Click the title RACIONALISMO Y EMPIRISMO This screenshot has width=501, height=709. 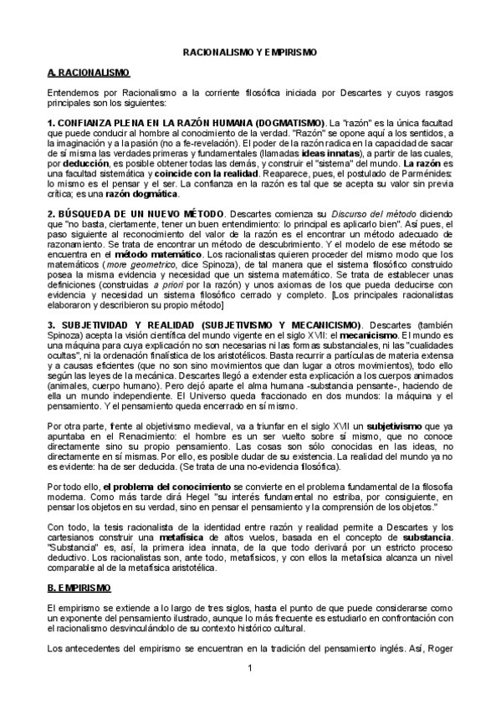pos(250,52)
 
